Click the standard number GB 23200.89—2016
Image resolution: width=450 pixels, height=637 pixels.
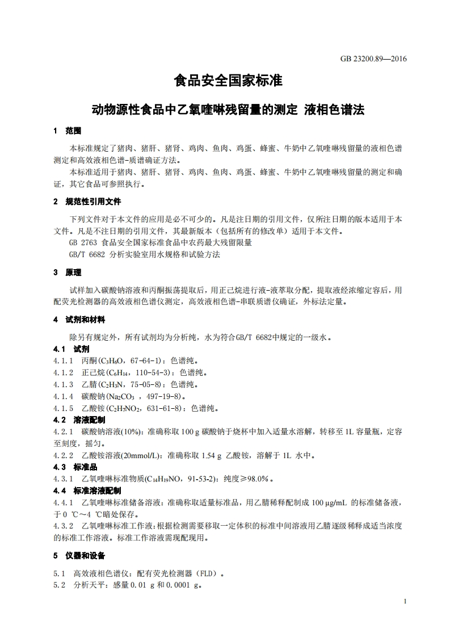tap(373, 58)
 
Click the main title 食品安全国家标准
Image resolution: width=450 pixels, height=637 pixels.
tap(228, 81)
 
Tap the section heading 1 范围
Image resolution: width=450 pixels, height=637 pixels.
tap(68, 131)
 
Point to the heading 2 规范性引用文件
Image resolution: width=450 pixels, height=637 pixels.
tap(86, 202)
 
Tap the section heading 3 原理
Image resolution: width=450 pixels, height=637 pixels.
tap(68, 273)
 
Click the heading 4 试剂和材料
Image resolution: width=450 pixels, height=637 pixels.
tap(79, 320)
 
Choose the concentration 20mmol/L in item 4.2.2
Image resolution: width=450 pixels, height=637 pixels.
tap(141, 455)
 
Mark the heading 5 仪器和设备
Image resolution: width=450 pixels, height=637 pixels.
tap(79, 555)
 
